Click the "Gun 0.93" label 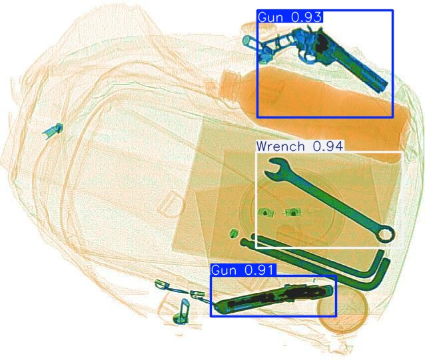click(290, 17)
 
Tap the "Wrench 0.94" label click(300, 146)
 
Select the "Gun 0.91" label click(242, 270)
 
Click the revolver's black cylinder click(322, 43)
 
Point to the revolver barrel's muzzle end click(382, 86)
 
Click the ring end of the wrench click(384, 234)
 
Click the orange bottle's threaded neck click(229, 84)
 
